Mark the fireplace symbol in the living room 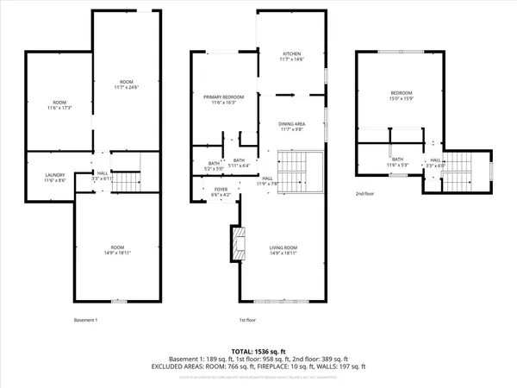pos(236,243)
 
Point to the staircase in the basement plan pos(127,182)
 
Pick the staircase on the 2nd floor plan pos(456,179)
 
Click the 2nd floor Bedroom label pos(402,95)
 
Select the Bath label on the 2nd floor pos(397,161)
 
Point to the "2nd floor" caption pos(366,194)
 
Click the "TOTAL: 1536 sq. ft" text pos(258,352)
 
